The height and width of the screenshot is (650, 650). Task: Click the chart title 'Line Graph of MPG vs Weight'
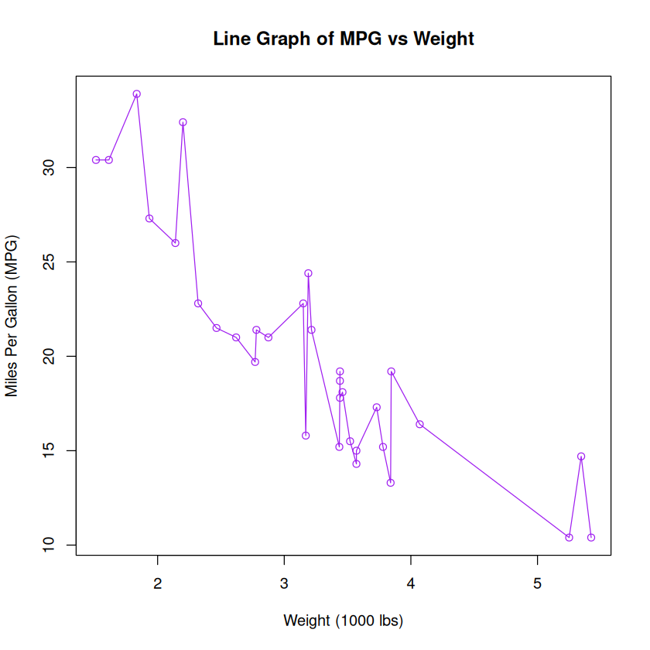coord(344,39)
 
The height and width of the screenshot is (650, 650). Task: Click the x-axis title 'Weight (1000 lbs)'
coord(344,620)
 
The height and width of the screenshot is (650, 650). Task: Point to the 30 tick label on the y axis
coord(49,168)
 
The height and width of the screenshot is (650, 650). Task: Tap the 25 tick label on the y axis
coord(49,262)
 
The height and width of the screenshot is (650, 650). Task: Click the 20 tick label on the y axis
coord(49,357)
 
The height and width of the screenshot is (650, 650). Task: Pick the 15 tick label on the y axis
coord(49,450)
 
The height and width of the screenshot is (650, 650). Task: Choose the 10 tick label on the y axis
coord(49,545)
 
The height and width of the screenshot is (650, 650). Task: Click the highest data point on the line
coord(137,94)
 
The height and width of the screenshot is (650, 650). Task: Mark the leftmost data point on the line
coord(96,160)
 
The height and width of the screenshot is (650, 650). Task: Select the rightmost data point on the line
coord(591,537)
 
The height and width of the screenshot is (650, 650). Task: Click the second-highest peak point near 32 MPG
coord(183,122)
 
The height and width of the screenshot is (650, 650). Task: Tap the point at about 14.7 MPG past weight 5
coord(581,457)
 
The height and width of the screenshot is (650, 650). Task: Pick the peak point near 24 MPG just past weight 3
coord(308,273)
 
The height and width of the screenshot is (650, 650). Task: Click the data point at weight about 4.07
coord(419,424)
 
